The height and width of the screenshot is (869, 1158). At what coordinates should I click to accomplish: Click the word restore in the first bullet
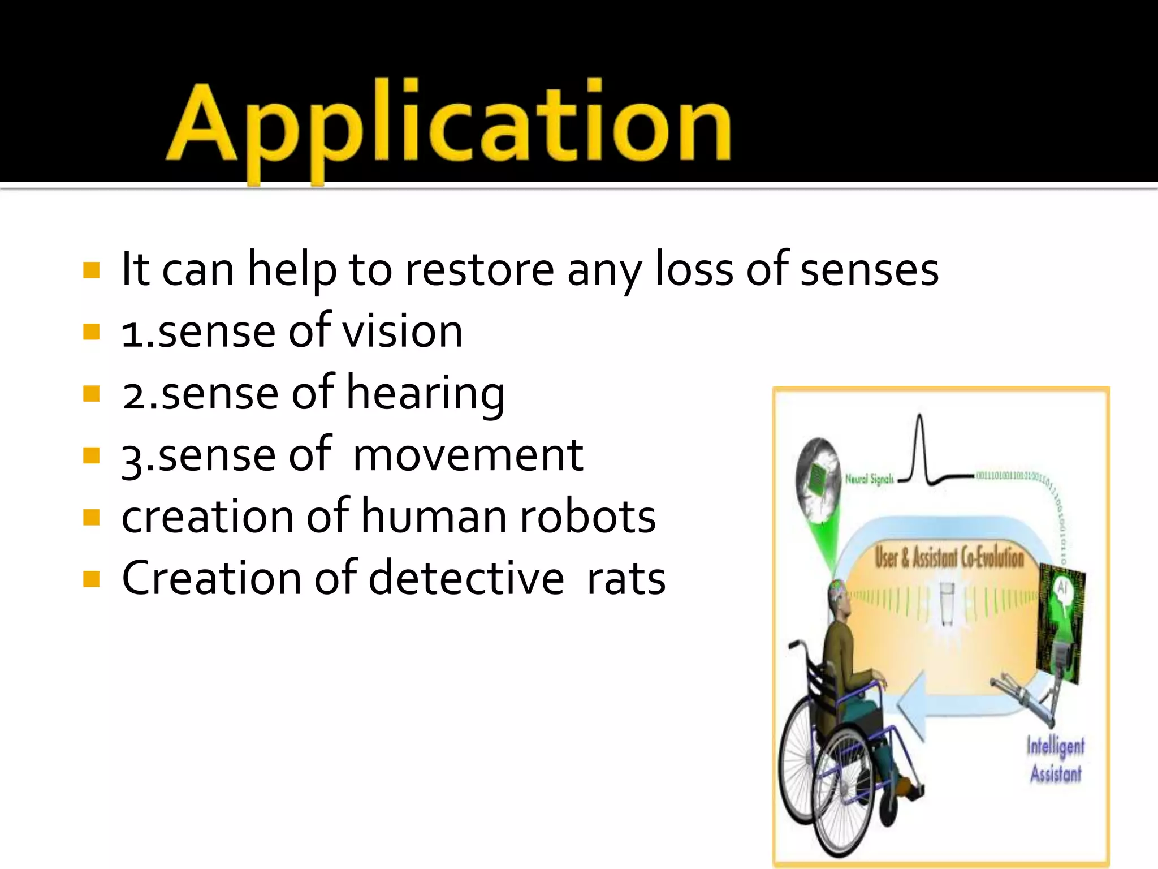point(479,270)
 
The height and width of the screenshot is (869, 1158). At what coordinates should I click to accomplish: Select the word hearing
point(425,394)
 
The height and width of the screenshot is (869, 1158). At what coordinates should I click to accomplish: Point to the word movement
point(468,455)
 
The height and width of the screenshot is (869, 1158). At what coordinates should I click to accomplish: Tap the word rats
point(626,579)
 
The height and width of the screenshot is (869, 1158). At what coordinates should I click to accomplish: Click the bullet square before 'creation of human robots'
point(91,517)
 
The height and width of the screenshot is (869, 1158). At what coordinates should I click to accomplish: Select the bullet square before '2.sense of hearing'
point(91,393)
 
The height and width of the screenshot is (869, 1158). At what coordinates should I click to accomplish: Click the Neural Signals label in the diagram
point(869,479)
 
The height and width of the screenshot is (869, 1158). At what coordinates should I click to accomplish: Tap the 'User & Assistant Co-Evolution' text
point(949,557)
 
